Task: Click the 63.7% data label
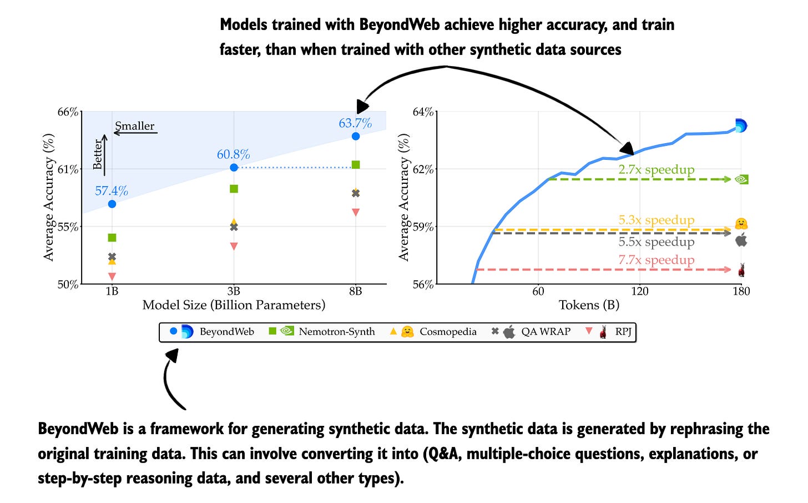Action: coord(355,123)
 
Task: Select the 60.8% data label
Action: coord(233,154)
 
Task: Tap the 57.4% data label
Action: coord(112,191)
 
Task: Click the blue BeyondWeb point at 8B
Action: coord(356,136)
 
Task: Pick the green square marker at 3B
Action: coord(234,189)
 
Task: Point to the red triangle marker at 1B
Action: coord(112,276)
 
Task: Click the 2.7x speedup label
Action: coord(656,170)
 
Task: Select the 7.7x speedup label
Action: coord(656,260)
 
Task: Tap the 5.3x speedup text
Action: coord(656,220)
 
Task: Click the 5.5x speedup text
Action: coord(656,242)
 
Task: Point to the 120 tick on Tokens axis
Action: coord(640,291)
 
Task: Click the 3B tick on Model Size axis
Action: coord(234,291)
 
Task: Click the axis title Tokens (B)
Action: coord(589,305)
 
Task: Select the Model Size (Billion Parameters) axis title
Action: coord(234,305)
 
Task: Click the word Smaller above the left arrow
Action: coord(135,126)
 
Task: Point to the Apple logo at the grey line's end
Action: coord(741,240)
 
